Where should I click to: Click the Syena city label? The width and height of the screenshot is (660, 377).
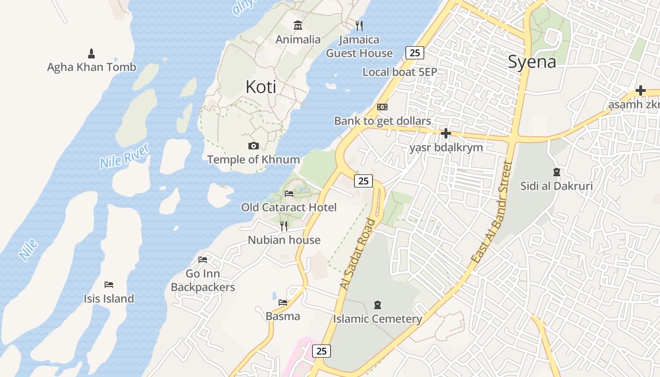point(532,62)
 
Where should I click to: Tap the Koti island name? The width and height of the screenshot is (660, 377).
point(261,87)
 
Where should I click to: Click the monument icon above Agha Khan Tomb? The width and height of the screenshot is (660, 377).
point(91,53)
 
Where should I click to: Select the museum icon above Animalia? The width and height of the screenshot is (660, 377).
point(297,25)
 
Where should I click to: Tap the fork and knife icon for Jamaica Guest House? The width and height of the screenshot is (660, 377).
point(359,25)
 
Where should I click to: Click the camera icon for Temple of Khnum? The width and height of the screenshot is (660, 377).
point(253,146)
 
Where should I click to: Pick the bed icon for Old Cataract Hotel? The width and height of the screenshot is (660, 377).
point(289,193)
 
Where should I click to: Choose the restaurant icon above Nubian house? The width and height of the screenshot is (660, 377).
point(284,226)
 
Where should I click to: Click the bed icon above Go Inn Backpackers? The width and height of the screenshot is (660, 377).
point(203,259)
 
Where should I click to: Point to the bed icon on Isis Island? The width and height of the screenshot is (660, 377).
point(109,284)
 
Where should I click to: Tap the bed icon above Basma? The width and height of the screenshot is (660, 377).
point(283,302)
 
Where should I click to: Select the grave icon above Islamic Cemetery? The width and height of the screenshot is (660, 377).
point(377,305)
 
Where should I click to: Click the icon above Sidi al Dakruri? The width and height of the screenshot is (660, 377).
point(556,172)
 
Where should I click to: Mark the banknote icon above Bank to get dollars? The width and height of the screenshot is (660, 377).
point(382,107)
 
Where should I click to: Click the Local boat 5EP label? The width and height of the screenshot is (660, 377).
point(400,72)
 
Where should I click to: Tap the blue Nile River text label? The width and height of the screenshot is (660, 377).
point(124,156)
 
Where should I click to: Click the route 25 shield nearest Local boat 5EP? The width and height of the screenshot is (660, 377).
point(415,53)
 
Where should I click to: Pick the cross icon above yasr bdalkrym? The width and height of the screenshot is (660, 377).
point(445,133)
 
